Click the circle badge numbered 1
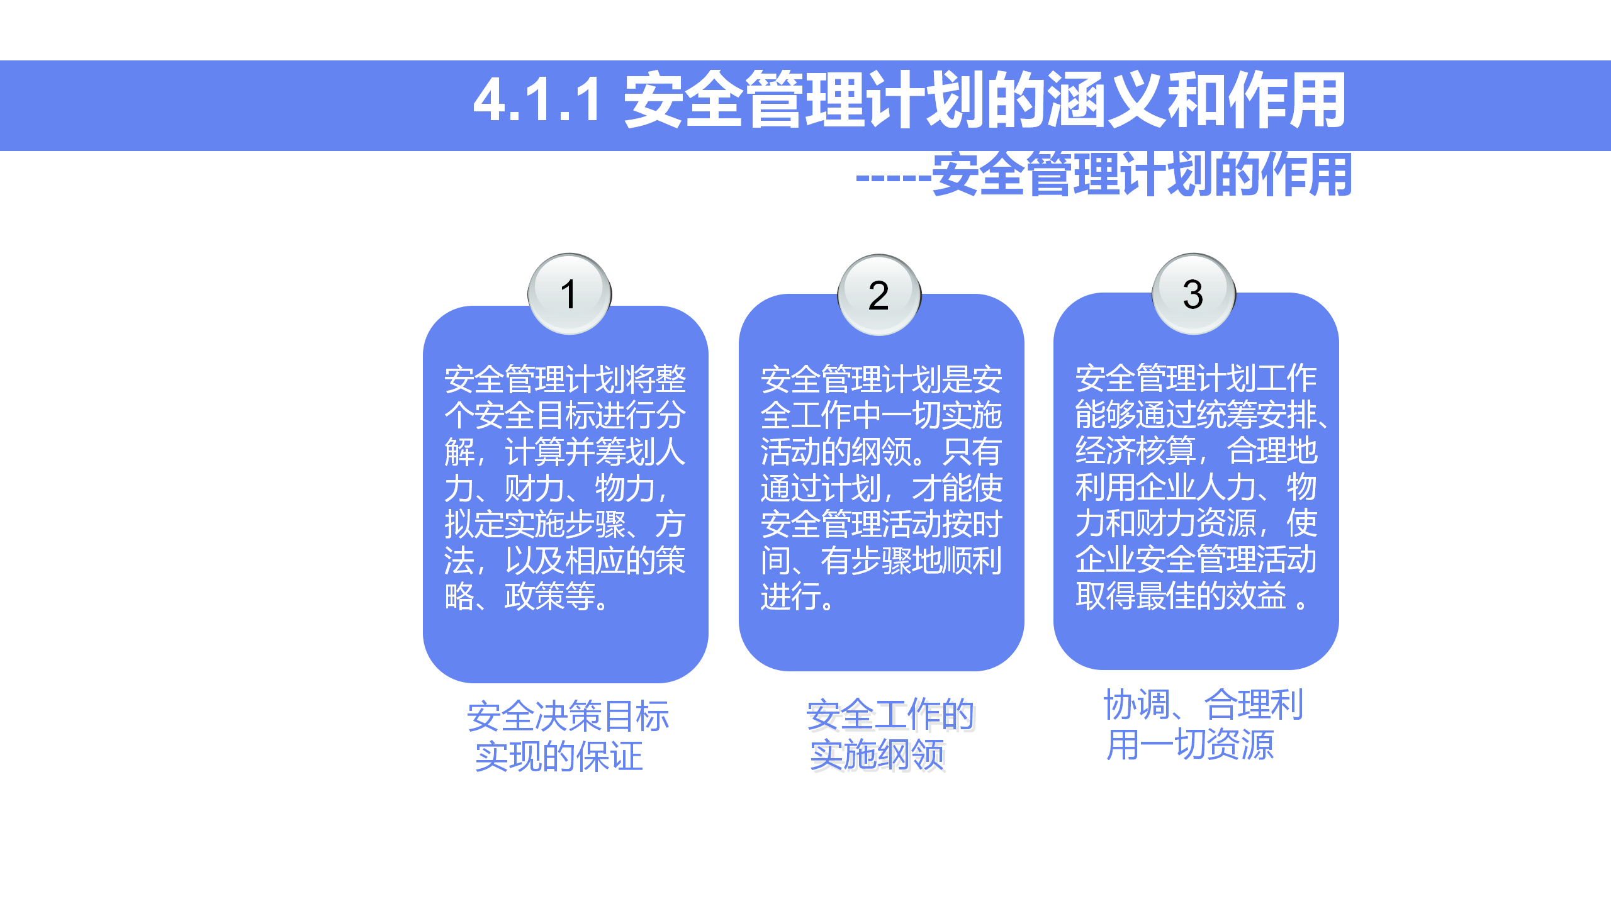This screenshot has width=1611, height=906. click(570, 294)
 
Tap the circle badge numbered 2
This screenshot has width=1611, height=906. click(879, 294)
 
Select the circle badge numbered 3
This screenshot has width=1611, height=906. click(1193, 294)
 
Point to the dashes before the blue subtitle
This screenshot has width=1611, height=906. click(893, 178)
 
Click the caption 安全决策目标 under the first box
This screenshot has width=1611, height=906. click(568, 717)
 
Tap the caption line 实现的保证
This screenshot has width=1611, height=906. click(559, 756)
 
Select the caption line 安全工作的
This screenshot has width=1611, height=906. click(890, 715)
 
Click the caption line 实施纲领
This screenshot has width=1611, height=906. click(877, 755)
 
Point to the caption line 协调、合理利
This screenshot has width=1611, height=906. click(1203, 704)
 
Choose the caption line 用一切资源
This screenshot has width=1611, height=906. click(1190, 745)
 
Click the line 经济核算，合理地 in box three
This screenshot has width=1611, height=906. click(1196, 450)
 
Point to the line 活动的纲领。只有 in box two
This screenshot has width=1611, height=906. click(881, 451)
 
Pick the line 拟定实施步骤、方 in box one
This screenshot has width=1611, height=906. click(565, 524)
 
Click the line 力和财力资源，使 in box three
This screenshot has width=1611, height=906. click(1196, 523)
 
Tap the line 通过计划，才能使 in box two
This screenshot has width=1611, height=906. click(881, 488)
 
